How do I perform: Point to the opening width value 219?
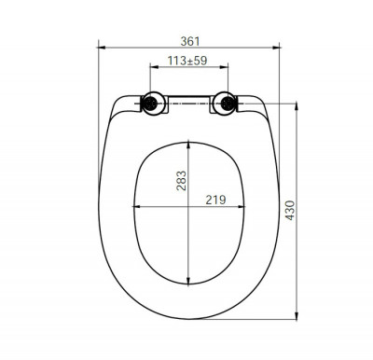[x=215, y=200]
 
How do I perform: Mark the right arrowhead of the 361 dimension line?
[x=279, y=49]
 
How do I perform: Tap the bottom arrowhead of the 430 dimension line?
[x=297, y=314]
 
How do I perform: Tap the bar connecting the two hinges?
[x=188, y=102]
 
